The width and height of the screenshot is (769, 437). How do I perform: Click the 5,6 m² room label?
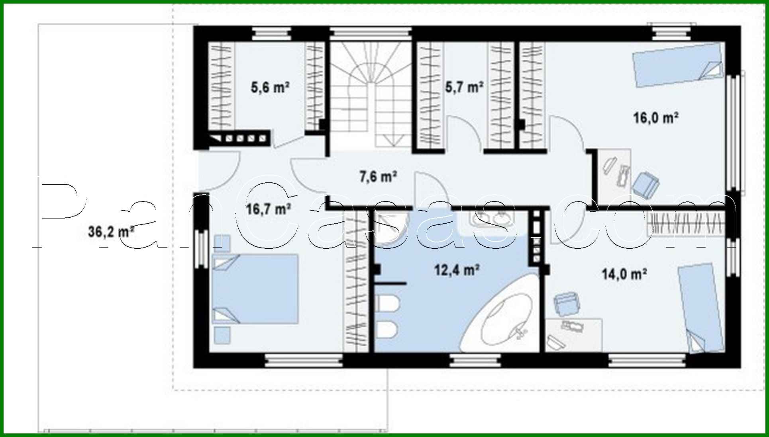coord(270,87)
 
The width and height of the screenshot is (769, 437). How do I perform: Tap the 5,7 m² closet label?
coord(464,87)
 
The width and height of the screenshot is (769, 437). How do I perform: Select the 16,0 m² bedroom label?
coord(656,118)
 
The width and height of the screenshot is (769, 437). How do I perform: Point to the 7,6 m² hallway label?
coord(378,176)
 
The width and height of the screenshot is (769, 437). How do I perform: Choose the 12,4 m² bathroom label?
coord(456,270)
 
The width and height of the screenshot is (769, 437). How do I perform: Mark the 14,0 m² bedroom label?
coord(624,274)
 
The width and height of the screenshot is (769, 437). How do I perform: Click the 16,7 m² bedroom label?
coord(268,209)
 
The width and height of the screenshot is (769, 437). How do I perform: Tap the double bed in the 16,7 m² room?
coord(255,289)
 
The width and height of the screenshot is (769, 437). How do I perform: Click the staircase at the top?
coord(371,96)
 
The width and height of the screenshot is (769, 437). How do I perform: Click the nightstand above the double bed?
coord(222,243)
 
